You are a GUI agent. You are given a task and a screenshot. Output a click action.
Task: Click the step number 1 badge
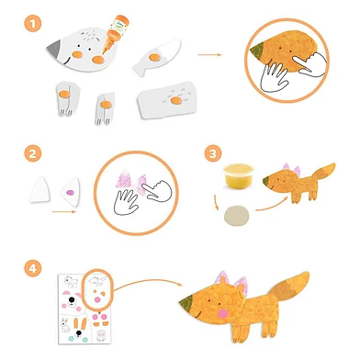tap(33, 23)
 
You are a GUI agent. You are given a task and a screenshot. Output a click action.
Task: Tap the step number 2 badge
tap(33, 153)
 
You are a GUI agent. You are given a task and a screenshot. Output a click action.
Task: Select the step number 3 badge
tap(213, 153)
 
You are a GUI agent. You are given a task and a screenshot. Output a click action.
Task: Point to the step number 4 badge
tap(33, 268)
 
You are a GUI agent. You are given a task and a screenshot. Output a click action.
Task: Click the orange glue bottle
tap(116, 33)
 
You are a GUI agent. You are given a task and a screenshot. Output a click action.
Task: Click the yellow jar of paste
tap(239, 175)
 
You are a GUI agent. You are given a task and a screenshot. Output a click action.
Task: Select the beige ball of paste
tap(236, 216)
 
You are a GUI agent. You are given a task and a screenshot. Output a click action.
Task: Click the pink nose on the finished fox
tap(222, 313)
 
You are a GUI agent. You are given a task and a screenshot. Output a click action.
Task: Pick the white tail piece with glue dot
tap(156, 57)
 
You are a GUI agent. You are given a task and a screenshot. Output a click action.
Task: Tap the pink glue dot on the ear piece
tap(70, 193)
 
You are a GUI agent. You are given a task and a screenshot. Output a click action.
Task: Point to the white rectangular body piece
tap(167, 99)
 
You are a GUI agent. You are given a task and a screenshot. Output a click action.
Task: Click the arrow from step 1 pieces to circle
tap(209, 55)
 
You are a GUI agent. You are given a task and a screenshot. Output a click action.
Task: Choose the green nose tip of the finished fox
tap(187, 301)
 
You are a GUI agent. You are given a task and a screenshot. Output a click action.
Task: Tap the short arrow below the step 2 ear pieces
tap(63, 211)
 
